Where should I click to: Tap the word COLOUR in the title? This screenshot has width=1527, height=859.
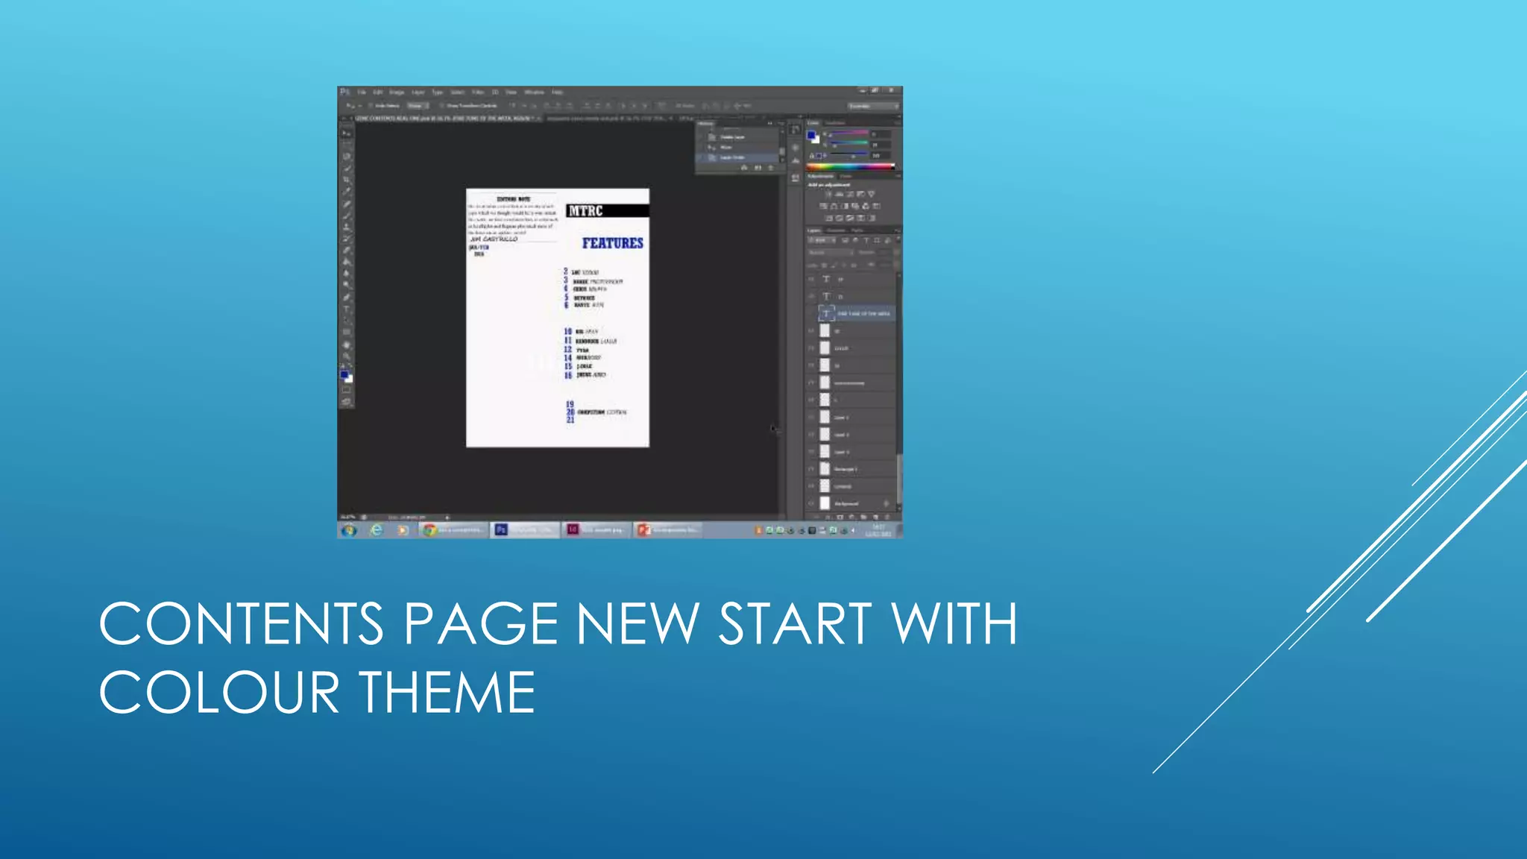pyautogui.click(x=219, y=692)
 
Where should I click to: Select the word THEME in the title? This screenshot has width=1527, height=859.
pyautogui.click(x=448, y=692)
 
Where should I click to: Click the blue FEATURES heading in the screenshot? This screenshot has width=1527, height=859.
pyautogui.click(x=612, y=243)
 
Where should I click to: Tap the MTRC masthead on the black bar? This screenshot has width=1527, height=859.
pyautogui.click(x=585, y=211)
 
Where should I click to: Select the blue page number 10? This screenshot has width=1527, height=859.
pyautogui.click(x=567, y=331)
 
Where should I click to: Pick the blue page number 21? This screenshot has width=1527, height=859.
pyautogui.click(x=570, y=421)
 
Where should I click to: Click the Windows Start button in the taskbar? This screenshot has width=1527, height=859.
pyautogui.click(x=349, y=530)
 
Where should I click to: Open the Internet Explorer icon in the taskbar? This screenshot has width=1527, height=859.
pyautogui.click(x=377, y=530)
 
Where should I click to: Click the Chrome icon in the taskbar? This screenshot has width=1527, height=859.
pyautogui.click(x=429, y=530)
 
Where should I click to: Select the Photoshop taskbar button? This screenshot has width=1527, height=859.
pyautogui.click(x=502, y=530)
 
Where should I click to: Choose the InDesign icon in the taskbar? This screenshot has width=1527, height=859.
pyautogui.click(x=573, y=530)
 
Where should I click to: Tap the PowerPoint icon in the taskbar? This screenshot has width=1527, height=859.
pyautogui.click(x=643, y=530)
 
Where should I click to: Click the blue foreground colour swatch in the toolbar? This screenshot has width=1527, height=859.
pyautogui.click(x=344, y=375)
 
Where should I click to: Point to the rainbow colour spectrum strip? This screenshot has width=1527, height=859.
pyautogui.click(x=850, y=167)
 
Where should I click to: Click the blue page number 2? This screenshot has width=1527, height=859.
pyautogui.click(x=565, y=272)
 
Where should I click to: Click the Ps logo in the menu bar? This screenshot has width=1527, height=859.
pyautogui.click(x=344, y=92)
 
